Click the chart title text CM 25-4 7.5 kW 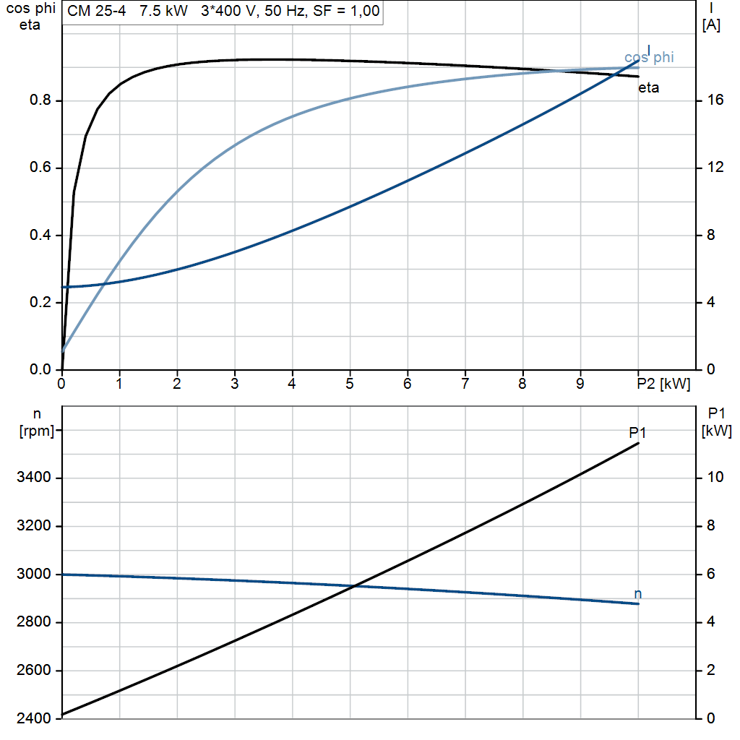(127, 12)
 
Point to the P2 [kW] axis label (663, 384)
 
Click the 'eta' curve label (648, 88)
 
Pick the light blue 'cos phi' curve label (648, 58)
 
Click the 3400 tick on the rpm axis (34, 478)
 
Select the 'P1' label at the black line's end (637, 432)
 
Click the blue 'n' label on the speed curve (637, 594)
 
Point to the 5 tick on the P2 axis (350, 384)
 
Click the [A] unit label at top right (711, 25)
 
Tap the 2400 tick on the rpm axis (34, 719)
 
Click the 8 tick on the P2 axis (522, 384)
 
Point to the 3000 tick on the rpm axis (34, 575)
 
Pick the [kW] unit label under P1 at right (716, 431)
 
